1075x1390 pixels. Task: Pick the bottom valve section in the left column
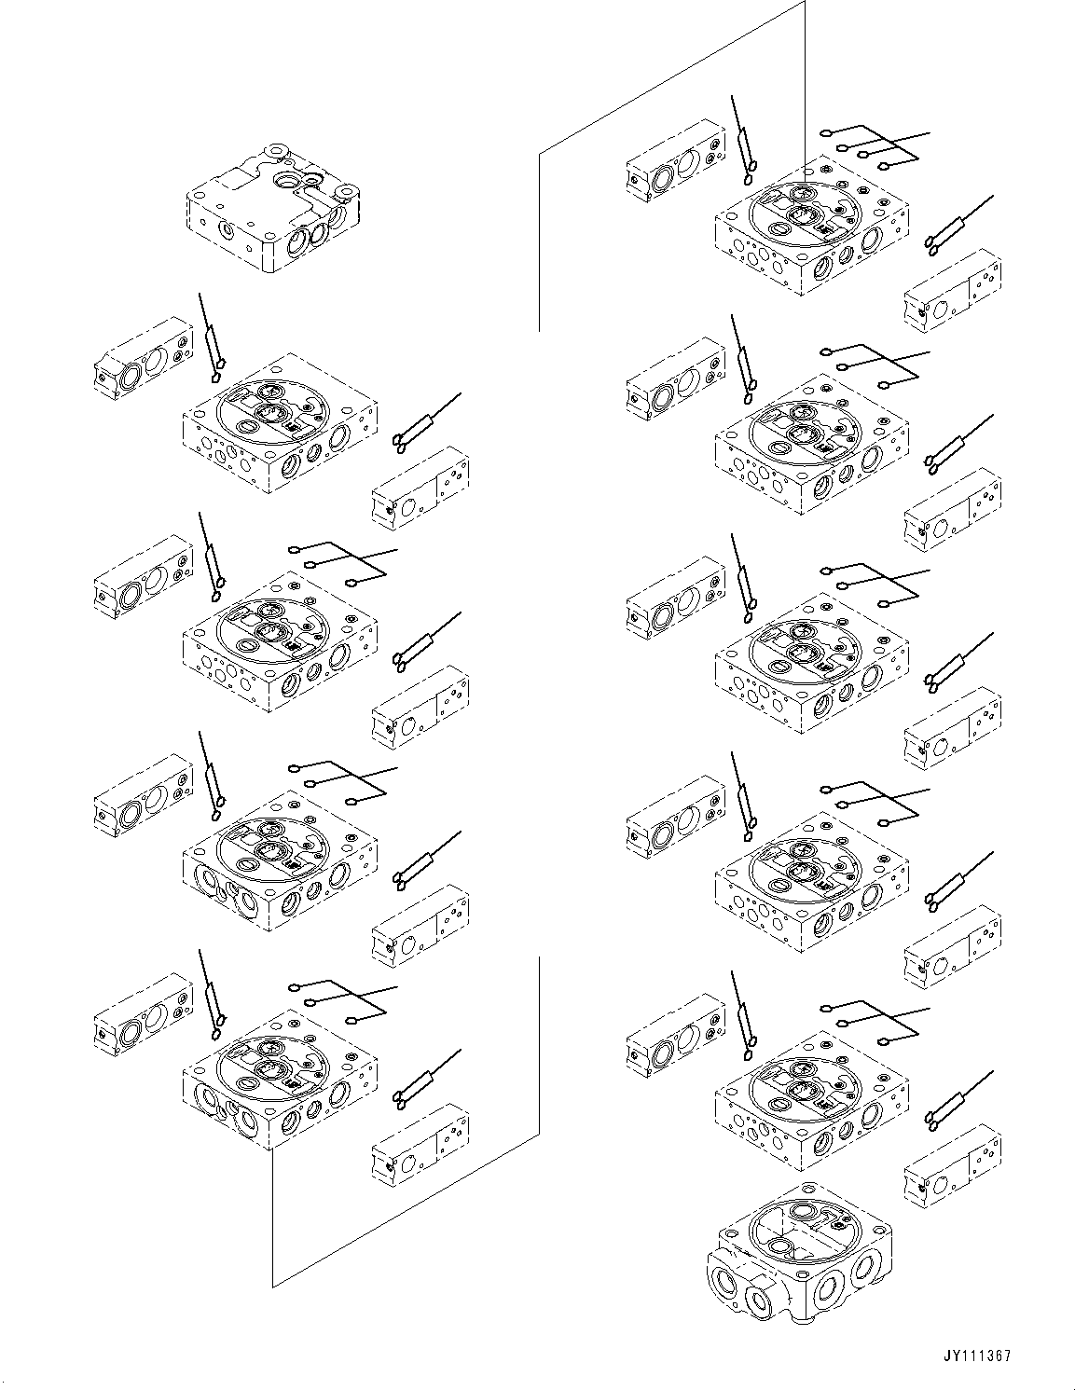280,1081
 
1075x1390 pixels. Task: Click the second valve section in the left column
280,643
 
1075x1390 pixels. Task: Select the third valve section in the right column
811,662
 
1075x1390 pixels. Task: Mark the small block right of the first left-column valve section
420,489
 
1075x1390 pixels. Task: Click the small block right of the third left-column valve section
420,928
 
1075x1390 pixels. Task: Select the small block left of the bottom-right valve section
676,1035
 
